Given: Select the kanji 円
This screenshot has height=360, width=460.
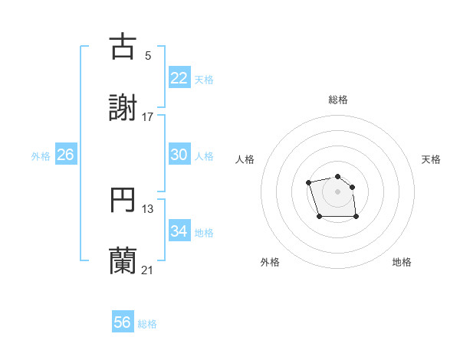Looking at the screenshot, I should click(123, 200).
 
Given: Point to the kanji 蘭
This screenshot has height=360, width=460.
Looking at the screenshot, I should click(123, 261).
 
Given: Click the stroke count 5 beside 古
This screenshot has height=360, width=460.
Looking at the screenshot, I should click(148, 55).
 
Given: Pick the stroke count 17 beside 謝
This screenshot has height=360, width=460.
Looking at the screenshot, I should click(148, 117).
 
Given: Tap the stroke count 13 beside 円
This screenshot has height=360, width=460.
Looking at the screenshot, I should click(148, 209).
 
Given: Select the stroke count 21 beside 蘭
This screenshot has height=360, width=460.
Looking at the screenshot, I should click(148, 270).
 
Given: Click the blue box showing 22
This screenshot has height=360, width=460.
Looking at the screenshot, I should click(179, 78).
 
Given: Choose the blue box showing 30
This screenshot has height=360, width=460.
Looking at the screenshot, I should click(179, 155).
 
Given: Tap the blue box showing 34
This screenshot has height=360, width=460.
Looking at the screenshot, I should click(179, 231).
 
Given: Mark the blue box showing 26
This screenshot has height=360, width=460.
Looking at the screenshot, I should click(66, 155).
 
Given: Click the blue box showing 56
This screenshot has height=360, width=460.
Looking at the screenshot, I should click(123, 322).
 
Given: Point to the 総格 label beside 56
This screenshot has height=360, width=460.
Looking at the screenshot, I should click(147, 324).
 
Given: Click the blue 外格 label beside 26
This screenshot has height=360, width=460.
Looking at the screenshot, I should click(41, 156).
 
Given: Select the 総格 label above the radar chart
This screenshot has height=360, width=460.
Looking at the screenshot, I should click(337, 100).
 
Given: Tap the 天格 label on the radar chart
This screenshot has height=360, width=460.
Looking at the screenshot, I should click(431, 159).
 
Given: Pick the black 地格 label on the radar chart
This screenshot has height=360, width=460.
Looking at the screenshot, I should click(402, 262).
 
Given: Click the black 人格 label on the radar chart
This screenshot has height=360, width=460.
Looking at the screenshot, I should click(245, 159).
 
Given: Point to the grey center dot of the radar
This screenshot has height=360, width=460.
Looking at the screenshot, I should click(337, 191).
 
